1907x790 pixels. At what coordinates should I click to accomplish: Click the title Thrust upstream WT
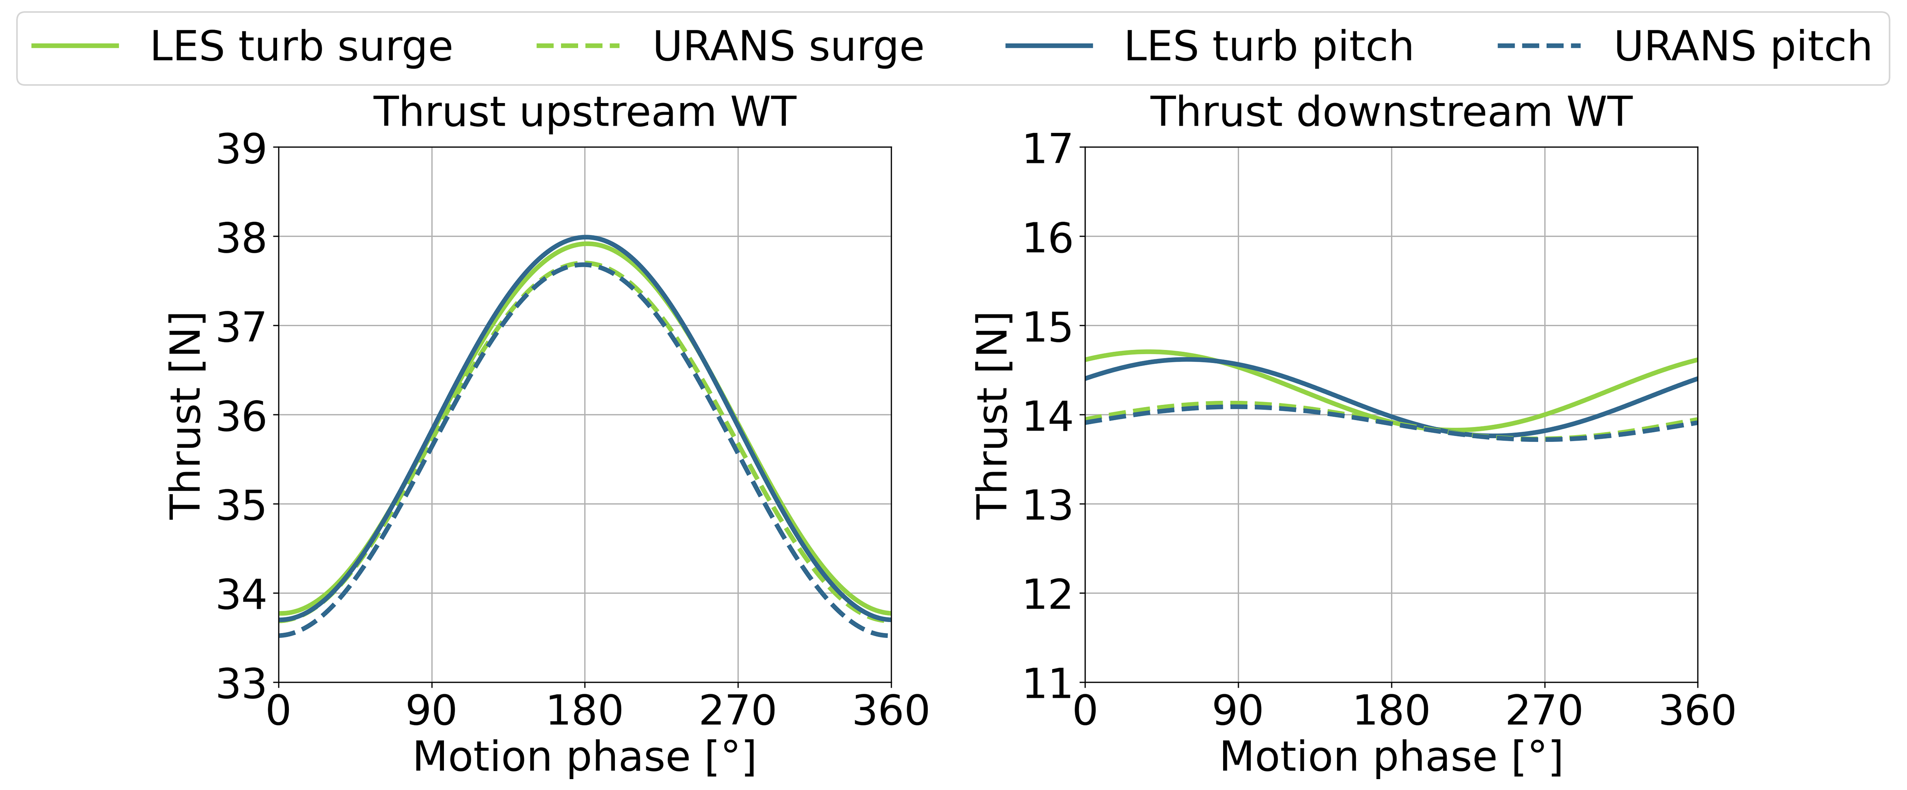pyautogui.click(x=585, y=113)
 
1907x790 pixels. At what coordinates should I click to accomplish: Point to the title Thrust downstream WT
pyautogui.click(x=1391, y=113)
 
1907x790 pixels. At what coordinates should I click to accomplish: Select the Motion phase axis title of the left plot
pyautogui.click(x=585, y=757)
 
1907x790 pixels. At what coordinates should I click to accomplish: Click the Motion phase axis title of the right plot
pyautogui.click(x=1391, y=757)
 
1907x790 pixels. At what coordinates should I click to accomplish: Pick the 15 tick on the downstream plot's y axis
pyautogui.click(x=1047, y=327)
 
